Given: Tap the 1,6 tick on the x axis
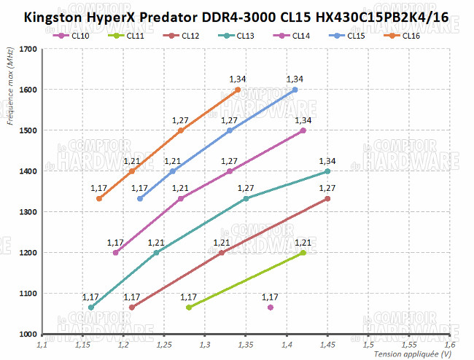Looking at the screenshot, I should (x=449, y=343).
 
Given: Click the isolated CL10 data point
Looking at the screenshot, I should (x=271, y=308).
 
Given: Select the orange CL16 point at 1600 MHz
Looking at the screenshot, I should (x=238, y=90).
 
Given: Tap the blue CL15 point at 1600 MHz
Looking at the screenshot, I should (x=295, y=90).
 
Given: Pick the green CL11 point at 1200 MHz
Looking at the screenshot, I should (x=303, y=253).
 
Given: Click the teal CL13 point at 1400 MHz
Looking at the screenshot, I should (x=327, y=171).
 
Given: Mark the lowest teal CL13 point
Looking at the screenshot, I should (x=90, y=308).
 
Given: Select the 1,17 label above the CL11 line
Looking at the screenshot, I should (x=188, y=297).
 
